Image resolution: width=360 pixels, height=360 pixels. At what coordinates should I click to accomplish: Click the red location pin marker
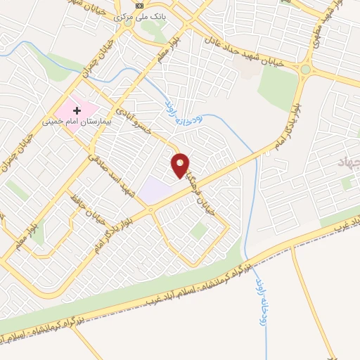pyautogui.click(x=181, y=165)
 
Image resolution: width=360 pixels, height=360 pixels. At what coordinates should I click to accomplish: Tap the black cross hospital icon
pyautogui.click(x=77, y=111)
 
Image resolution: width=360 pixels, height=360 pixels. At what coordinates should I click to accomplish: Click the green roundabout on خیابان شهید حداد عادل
pyautogui.click(x=305, y=70)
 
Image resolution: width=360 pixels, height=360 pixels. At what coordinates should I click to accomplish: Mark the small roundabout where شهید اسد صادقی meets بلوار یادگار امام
pyautogui.click(x=150, y=209)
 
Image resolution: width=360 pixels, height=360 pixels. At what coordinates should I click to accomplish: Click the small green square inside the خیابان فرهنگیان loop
pyautogui.click(x=199, y=230)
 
